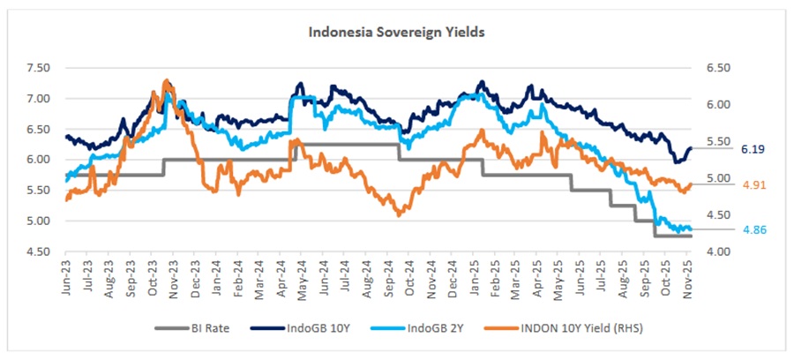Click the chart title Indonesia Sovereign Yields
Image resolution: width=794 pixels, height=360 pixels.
pos(396,31)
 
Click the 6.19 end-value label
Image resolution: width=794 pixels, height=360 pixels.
pos(753,150)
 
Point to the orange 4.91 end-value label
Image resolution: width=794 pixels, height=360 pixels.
pos(753,185)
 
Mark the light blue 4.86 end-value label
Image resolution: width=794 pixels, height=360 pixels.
pos(753,229)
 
